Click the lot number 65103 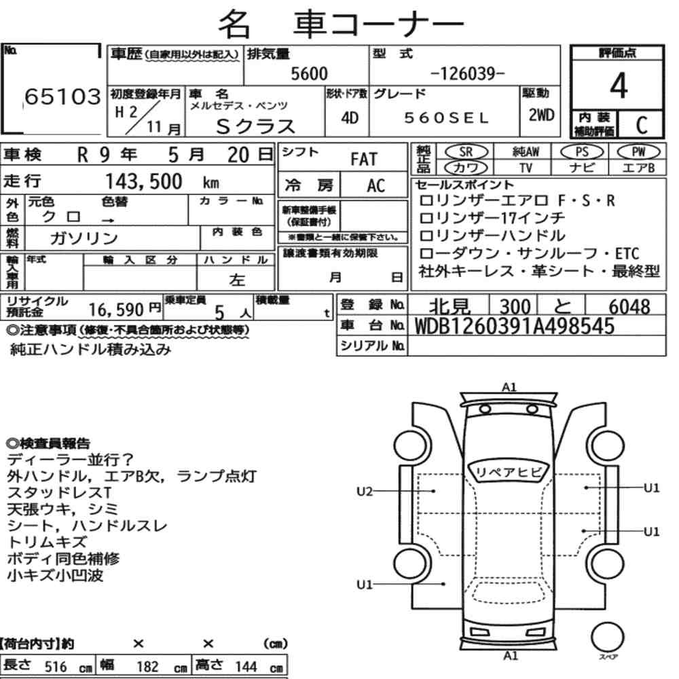point(62,96)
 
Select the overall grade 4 point(619,86)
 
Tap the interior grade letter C point(642,125)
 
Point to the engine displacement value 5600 point(309,73)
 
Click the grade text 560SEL point(447,117)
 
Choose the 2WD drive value point(541,115)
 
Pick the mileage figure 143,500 point(144,181)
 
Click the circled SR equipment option point(466,151)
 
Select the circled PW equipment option point(639,151)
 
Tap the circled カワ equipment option point(466,168)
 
